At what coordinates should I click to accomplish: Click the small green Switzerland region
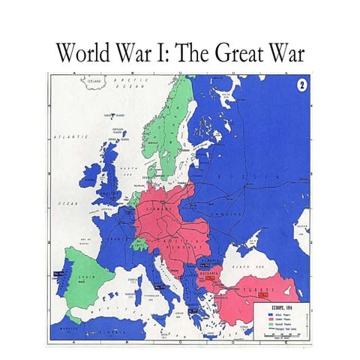point(139,244)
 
